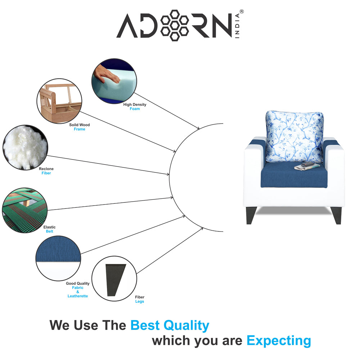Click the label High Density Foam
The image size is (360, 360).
(x=135, y=107)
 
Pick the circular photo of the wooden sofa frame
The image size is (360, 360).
(x=59, y=102)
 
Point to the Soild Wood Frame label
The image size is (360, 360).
(x=80, y=127)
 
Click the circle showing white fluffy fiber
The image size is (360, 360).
(x=25, y=147)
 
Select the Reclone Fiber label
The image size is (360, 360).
(x=46, y=171)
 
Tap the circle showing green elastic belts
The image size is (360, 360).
(x=25, y=210)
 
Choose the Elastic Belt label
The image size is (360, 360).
(x=49, y=229)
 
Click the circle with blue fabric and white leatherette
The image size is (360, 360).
(x=58, y=258)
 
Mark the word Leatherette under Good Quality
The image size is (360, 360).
(x=78, y=296)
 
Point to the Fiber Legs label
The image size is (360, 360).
(x=140, y=300)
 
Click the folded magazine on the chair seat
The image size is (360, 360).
(x=306, y=166)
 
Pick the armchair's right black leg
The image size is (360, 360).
(x=337, y=215)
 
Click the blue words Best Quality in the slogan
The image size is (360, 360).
(x=170, y=325)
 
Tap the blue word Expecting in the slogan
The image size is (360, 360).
(x=279, y=341)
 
